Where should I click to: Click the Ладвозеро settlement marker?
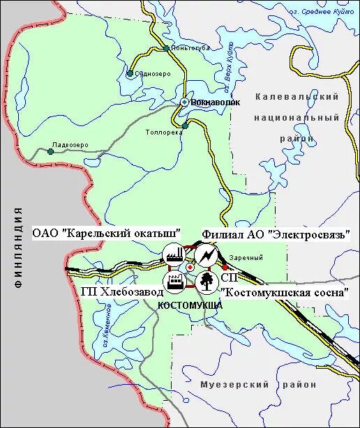click(x=50, y=151)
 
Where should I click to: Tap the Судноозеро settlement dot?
click(x=130, y=72)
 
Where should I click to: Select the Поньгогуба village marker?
click(x=165, y=49)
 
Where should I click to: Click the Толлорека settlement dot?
click(x=186, y=126)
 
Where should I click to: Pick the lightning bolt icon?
click(x=206, y=255)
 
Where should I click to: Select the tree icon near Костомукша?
click(x=206, y=282)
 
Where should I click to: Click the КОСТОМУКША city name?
click(x=190, y=305)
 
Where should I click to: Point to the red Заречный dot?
click(x=225, y=266)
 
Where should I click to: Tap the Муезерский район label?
click(x=257, y=385)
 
